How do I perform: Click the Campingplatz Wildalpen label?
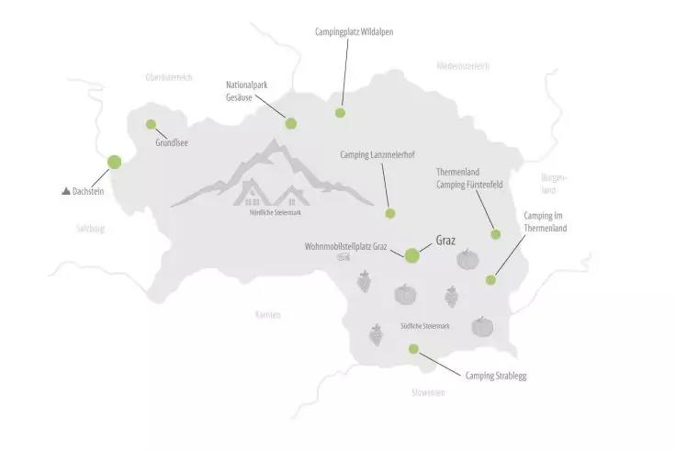coord(354,31)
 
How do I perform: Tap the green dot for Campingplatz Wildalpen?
coord(340,113)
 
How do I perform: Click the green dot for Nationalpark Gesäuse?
coord(291,123)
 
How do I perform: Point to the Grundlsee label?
coord(172,143)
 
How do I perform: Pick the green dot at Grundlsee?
coord(151,125)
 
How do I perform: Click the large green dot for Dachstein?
coord(114,162)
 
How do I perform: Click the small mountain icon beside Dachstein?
coord(65,191)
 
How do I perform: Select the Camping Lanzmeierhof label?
coord(377,154)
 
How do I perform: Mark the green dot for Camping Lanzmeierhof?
coord(389,213)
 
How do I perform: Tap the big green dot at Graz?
coord(411,256)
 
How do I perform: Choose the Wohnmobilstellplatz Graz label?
coord(348,247)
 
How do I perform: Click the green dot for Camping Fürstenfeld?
coord(496,234)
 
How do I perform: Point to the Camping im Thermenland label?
coord(545,221)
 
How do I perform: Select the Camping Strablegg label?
coord(496,376)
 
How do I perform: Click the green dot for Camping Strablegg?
coord(413,348)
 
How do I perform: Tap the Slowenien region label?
coord(428,392)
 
